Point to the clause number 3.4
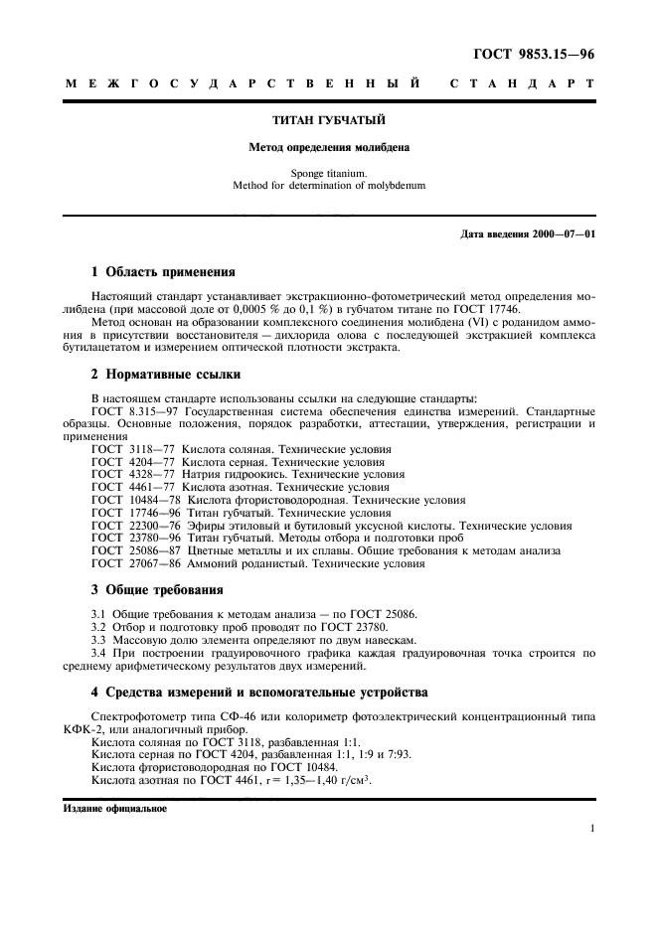coord(100,653)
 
